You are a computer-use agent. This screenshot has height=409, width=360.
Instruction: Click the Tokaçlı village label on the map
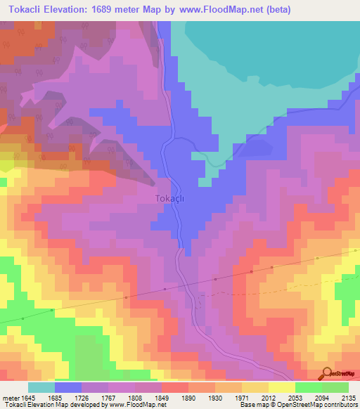pos(169,199)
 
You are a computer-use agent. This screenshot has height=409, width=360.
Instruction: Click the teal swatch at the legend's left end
pos(41,387)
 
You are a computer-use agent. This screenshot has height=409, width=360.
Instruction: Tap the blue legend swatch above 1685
pos(68,387)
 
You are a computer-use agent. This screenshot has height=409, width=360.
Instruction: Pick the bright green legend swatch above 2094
pos(309,387)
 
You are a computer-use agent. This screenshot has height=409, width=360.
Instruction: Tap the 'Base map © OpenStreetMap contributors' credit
pos(297,405)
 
